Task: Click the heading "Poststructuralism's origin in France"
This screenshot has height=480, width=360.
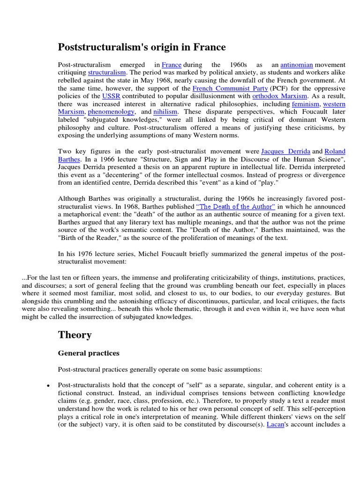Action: point(142,47)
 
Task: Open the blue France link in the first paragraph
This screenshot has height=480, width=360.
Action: point(172,64)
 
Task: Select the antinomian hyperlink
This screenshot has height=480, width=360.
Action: point(296,64)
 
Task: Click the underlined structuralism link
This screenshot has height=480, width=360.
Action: point(107,72)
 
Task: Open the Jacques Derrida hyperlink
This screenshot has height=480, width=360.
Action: point(285,151)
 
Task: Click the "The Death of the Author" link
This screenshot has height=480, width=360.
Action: point(236,206)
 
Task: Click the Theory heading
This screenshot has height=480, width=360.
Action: point(75,335)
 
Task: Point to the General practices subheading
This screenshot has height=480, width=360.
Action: point(89,353)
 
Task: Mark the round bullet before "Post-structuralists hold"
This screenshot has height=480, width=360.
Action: point(49,385)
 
